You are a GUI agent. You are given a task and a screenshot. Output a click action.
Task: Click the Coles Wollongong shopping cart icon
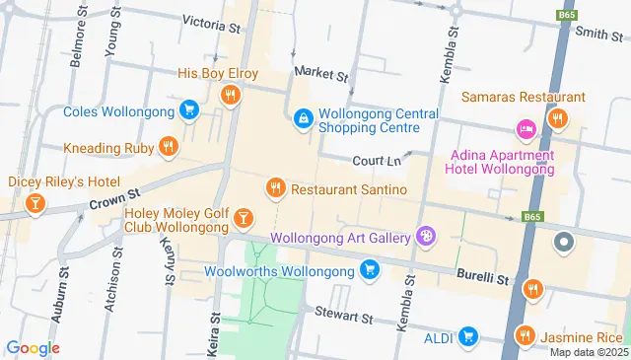pos(188,108)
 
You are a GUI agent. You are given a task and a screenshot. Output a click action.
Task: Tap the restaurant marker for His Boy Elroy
pos(230,95)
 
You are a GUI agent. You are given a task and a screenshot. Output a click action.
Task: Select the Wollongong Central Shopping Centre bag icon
pos(303,118)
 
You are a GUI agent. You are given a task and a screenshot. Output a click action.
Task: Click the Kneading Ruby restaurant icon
pos(168,147)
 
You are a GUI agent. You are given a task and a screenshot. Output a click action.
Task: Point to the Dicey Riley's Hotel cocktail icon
pos(35,203)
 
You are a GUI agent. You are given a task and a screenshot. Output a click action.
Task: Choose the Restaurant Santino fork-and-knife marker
pos(276,187)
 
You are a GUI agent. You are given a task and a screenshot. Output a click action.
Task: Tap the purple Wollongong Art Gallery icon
pos(425,236)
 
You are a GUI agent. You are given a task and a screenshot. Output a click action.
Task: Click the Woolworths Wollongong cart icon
pos(370,269)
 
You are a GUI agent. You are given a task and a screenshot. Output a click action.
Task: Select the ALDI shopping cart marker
pos(468,337)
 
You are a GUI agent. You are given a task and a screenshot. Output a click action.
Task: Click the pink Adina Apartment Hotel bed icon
pos(526,129)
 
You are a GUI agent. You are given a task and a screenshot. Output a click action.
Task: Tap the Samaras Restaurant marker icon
pos(557,119)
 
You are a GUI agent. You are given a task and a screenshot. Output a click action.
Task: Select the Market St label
pos(321,74)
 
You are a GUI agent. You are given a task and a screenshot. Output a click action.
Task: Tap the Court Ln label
pos(376,161)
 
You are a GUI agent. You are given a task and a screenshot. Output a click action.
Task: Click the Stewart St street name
pos(344,318)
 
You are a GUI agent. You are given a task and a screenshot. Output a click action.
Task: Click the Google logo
pos(33,347)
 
